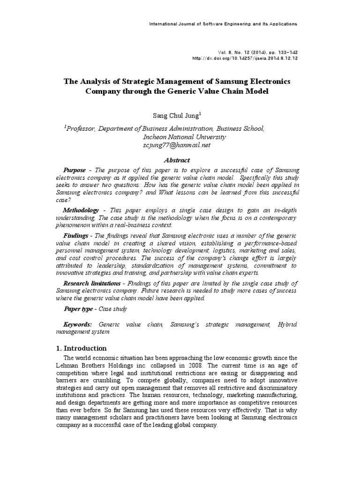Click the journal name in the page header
coord(222,23)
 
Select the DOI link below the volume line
coord(245,59)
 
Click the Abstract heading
coord(177,160)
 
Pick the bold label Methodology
coord(81,210)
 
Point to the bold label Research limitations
coord(92,283)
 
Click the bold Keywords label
coord(78,325)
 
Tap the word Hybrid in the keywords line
coord(287,325)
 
